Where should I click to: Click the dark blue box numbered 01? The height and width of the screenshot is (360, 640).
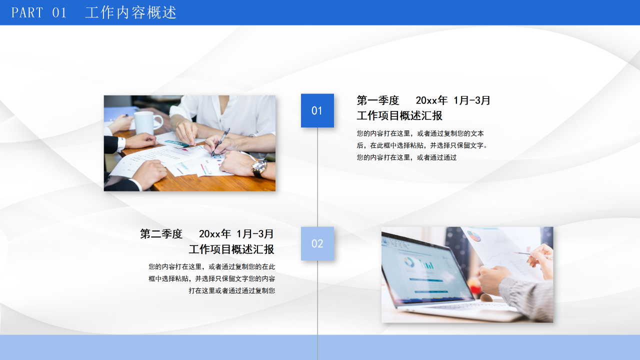(x=317, y=110)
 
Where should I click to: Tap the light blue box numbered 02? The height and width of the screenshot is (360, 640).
(x=317, y=243)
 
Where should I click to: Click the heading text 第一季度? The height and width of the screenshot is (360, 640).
(x=378, y=100)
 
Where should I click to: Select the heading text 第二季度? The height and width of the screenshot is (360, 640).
(x=161, y=234)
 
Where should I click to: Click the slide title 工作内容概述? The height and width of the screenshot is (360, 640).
(x=131, y=12)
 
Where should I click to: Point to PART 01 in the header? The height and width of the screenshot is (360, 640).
(x=39, y=12)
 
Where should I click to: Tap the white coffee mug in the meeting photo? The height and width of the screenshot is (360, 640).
(x=146, y=122)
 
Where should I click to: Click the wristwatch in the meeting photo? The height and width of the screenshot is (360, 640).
(x=259, y=167)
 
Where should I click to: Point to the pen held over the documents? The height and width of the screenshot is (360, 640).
(x=220, y=141)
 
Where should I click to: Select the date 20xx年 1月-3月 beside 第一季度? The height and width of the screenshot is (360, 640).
(x=453, y=100)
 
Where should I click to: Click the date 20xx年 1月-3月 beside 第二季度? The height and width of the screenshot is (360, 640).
(x=236, y=234)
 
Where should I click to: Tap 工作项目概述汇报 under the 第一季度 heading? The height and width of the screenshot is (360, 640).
(x=399, y=116)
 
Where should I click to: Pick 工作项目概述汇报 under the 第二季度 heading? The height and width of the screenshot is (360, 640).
(x=231, y=249)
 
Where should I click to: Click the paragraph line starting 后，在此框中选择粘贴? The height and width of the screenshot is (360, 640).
(x=422, y=145)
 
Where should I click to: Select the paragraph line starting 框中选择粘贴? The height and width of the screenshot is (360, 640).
(x=211, y=278)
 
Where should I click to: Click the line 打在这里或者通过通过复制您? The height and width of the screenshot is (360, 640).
(x=231, y=290)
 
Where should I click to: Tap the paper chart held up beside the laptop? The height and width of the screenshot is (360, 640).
(x=500, y=250)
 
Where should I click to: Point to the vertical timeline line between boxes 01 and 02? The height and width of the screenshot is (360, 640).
(x=317, y=177)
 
